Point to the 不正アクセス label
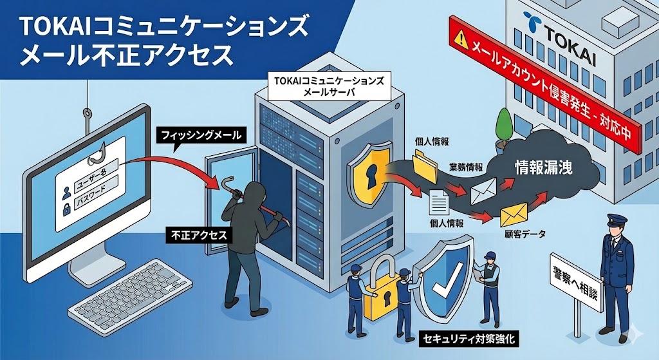[198, 235]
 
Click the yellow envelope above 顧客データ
[514, 212]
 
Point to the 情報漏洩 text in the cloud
[544, 166]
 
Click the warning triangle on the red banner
[461, 40]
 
